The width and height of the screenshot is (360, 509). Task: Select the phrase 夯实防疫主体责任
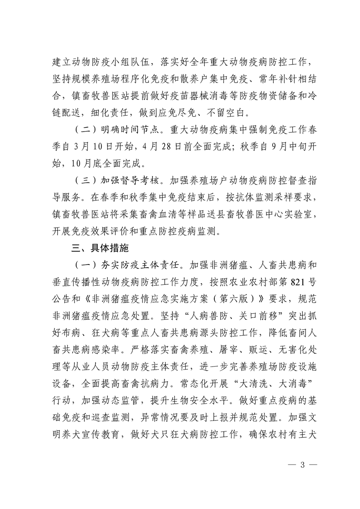click(144, 264)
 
